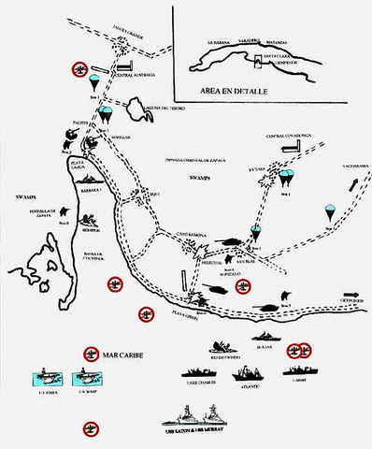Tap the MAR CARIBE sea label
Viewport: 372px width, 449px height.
click(130, 356)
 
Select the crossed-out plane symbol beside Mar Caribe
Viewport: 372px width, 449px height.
click(91, 354)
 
